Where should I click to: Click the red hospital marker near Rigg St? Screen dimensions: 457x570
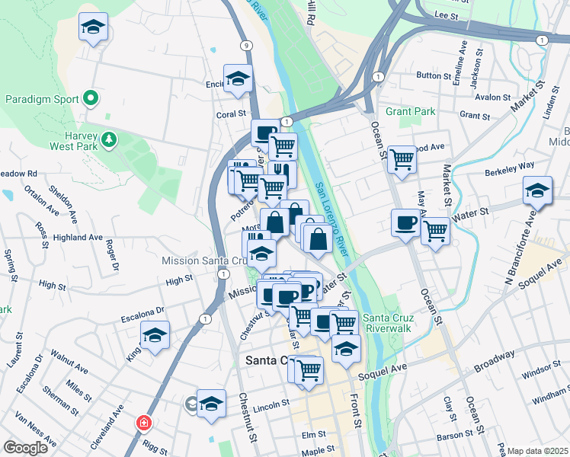(x=143, y=423)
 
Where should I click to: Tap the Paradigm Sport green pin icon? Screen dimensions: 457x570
(x=91, y=98)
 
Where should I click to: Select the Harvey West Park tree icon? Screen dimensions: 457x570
(x=110, y=139)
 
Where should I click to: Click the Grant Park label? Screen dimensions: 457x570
(x=410, y=111)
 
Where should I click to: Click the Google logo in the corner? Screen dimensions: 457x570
(x=25, y=448)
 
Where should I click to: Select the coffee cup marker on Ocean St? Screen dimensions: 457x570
(x=405, y=222)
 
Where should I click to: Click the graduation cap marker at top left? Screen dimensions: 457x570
(x=93, y=27)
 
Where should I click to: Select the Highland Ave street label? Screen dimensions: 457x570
(x=78, y=238)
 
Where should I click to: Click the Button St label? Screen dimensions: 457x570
(x=434, y=75)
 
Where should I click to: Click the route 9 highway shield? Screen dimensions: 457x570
(x=245, y=46)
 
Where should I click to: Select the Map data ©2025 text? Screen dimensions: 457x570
(x=538, y=451)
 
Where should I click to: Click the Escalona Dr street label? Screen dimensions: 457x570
(x=143, y=311)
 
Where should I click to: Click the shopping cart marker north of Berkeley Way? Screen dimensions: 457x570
(x=402, y=159)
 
